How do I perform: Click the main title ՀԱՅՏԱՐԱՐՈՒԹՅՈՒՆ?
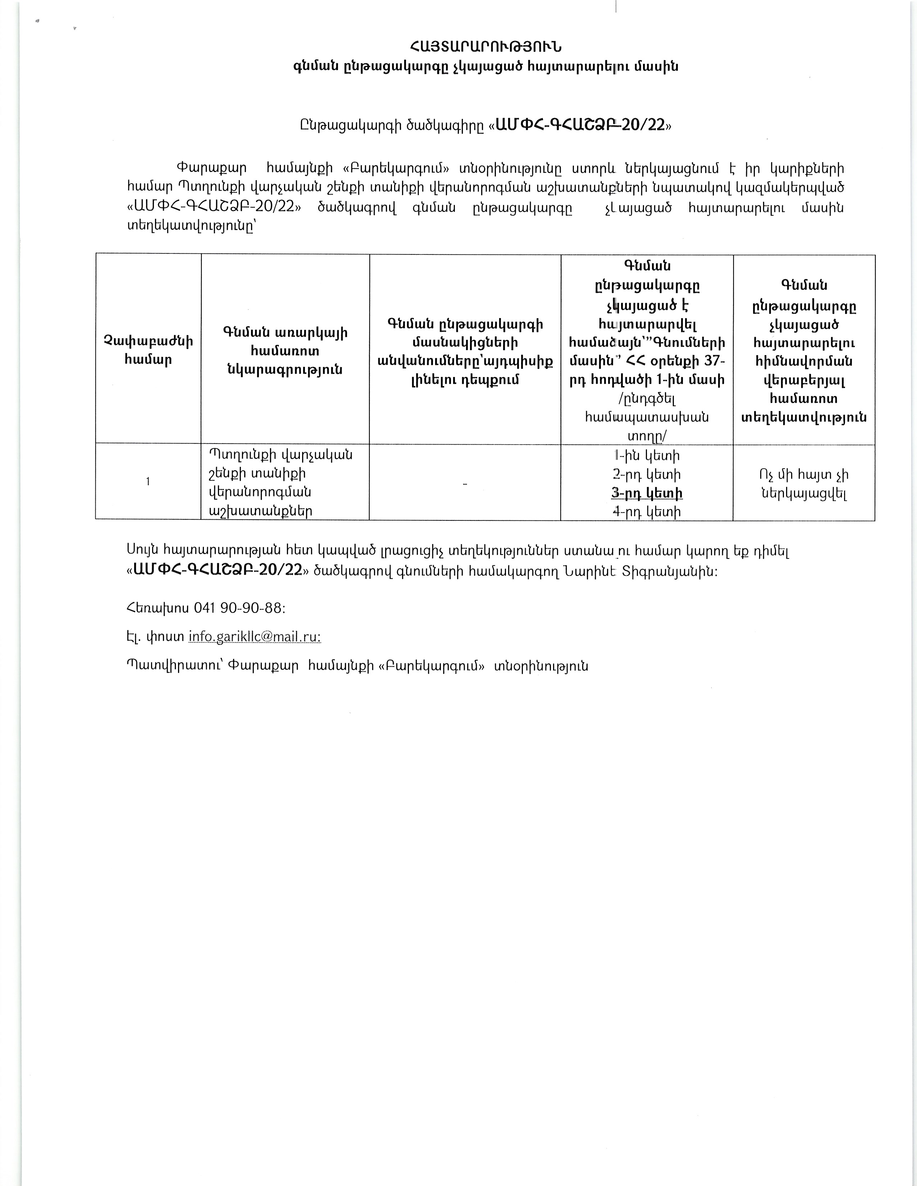(x=485, y=47)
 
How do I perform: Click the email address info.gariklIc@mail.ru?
(x=254, y=636)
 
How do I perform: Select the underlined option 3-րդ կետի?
(x=647, y=493)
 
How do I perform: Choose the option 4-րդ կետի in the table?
(x=647, y=511)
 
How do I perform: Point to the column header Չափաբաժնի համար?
(x=148, y=350)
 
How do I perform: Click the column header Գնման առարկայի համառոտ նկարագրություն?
(x=285, y=351)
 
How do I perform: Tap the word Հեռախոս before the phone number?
(x=158, y=608)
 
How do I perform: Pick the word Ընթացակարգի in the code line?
(x=350, y=125)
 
